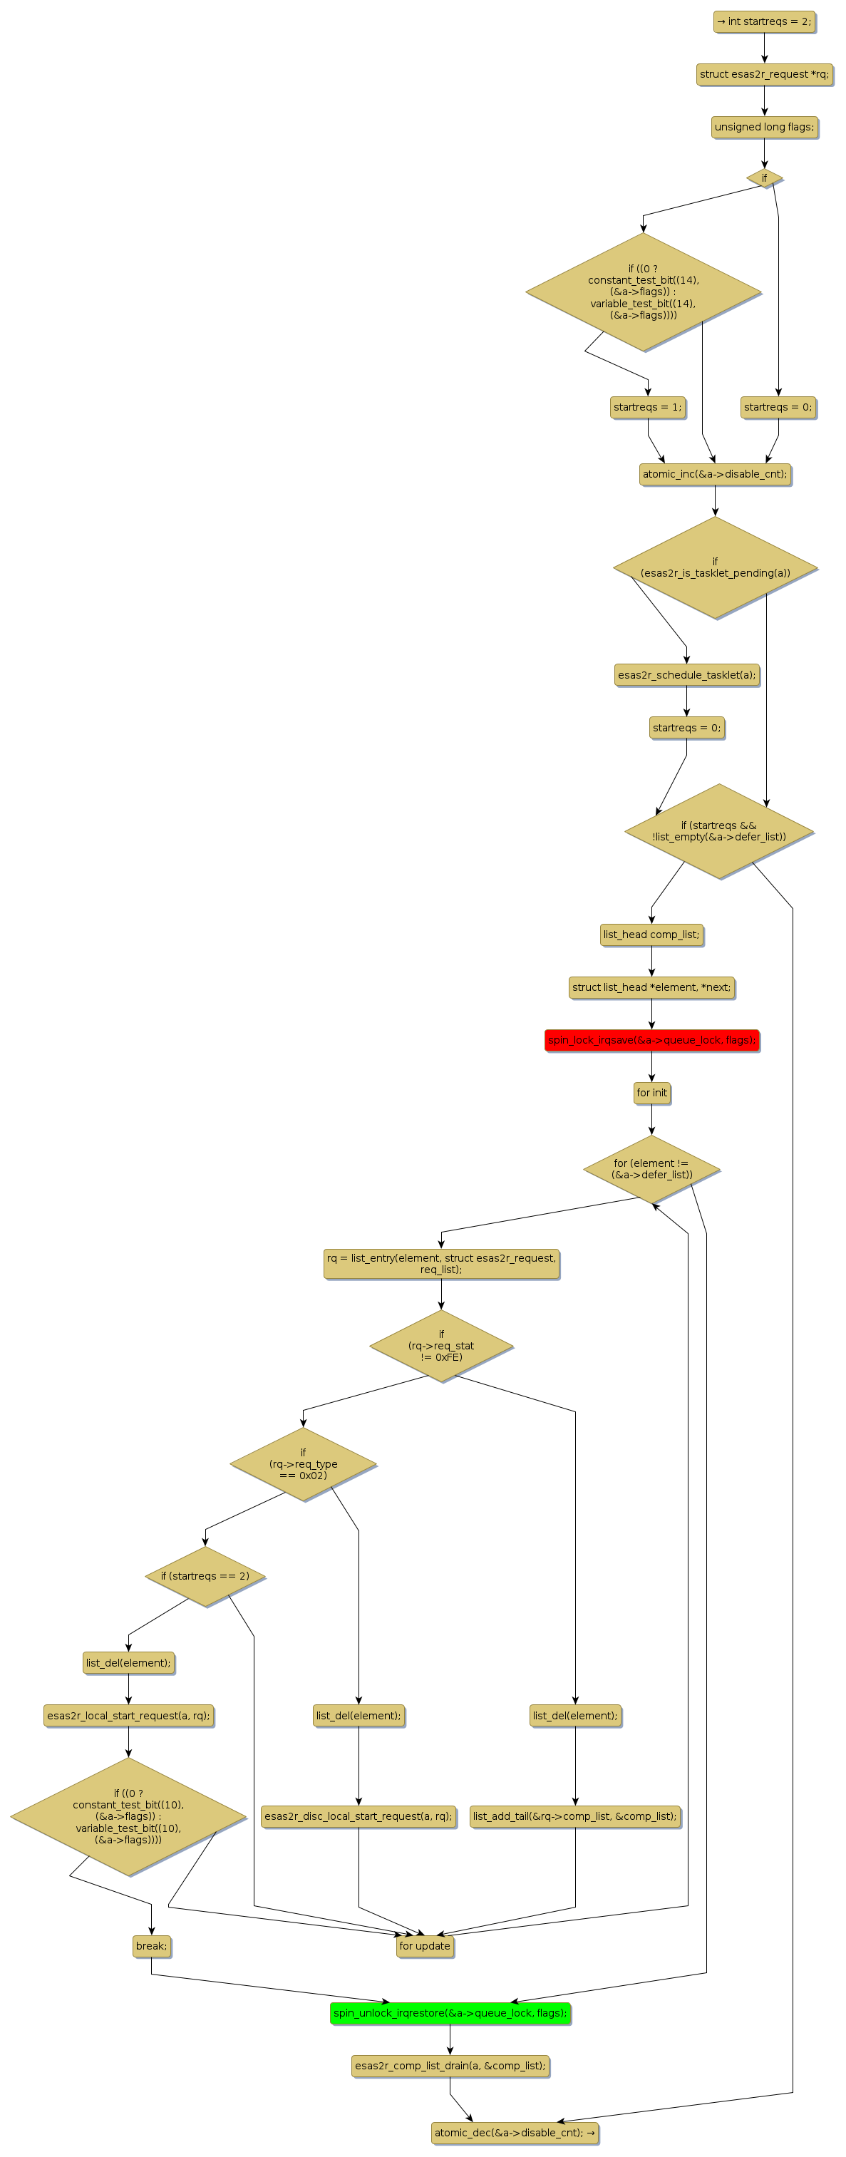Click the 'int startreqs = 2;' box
click(764, 22)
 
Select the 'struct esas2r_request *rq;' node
click(764, 75)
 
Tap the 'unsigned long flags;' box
click(764, 128)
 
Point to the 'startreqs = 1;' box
click(647, 408)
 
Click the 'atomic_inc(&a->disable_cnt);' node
click(714, 475)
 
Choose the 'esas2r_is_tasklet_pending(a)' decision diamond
click(714, 567)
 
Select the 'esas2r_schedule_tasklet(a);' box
click(686, 676)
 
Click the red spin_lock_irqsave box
click(651, 1041)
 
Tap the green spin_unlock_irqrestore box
click(450, 2014)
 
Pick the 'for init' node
click(651, 1093)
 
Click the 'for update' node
click(425, 1947)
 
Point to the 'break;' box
click(152, 1947)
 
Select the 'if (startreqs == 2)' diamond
click(205, 1577)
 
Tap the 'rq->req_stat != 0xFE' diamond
click(441, 1347)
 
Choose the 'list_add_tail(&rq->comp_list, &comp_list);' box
click(574, 1817)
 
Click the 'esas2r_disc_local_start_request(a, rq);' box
click(358, 1817)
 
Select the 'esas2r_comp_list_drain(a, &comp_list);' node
click(450, 2066)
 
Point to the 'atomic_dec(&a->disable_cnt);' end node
click(515, 2133)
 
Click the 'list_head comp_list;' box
click(651, 935)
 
